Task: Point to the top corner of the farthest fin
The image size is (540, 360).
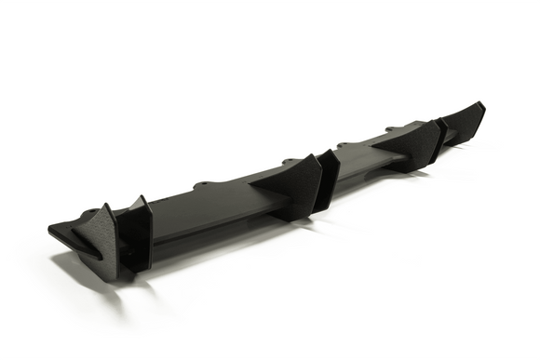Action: (x=480, y=103)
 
